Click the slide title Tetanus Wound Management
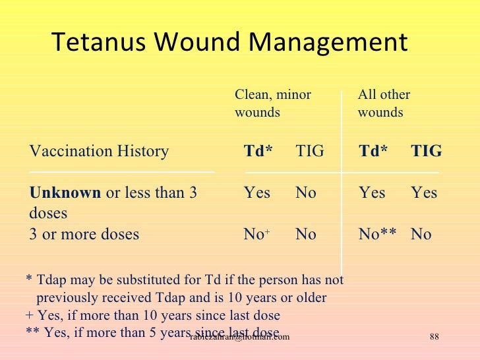(x=229, y=43)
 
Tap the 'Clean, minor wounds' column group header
(x=272, y=104)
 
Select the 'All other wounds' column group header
(x=384, y=104)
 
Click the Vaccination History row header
(x=99, y=152)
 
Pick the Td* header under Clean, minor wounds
(x=258, y=152)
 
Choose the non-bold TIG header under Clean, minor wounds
(x=310, y=152)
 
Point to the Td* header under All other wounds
(x=373, y=152)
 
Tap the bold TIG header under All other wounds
(x=426, y=152)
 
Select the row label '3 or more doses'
(x=84, y=234)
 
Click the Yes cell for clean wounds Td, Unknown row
(x=257, y=193)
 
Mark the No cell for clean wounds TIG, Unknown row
(x=305, y=193)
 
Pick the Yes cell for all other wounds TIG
(x=424, y=193)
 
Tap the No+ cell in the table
(x=256, y=234)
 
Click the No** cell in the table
(x=377, y=234)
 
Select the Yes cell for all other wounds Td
(x=372, y=193)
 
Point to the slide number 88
(x=434, y=338)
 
